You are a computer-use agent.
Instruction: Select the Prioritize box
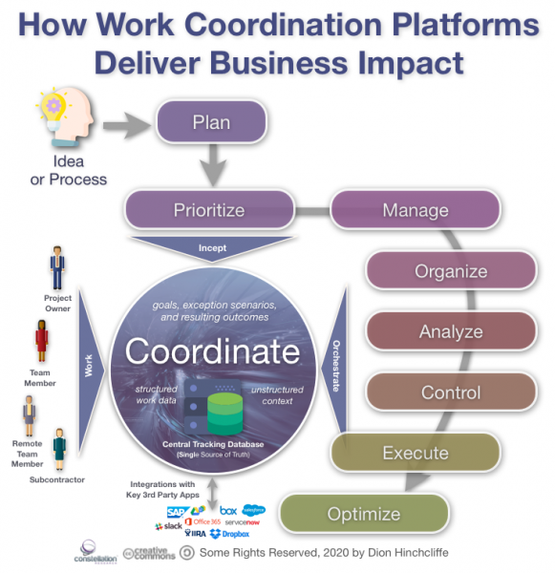pos(208,210)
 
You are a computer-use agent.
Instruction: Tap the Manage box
pos(415,210)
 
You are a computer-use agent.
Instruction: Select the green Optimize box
pos(364,514)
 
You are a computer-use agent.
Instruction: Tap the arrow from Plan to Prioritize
pos(212,169)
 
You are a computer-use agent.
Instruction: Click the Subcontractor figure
pos(59,449)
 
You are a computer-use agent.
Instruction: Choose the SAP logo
pos(178,513)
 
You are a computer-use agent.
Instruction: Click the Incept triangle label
pos(212,246)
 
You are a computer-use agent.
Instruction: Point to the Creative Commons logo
pos(143,554)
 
